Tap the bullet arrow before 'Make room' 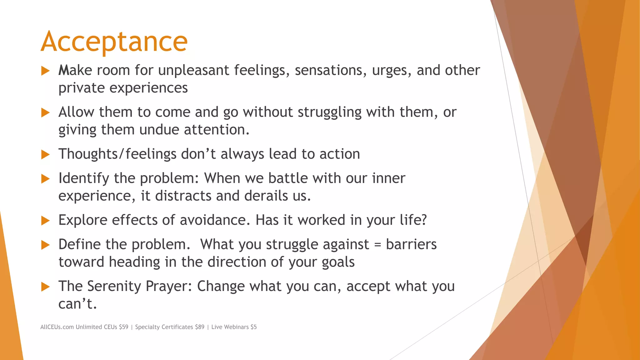point(46,71)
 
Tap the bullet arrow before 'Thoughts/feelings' point(46,154)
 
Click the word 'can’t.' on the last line point(77,303)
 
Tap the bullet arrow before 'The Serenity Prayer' point(46,287)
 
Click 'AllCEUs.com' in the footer point(57,327)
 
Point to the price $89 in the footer point(199,327)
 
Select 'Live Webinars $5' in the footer point(234,327)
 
